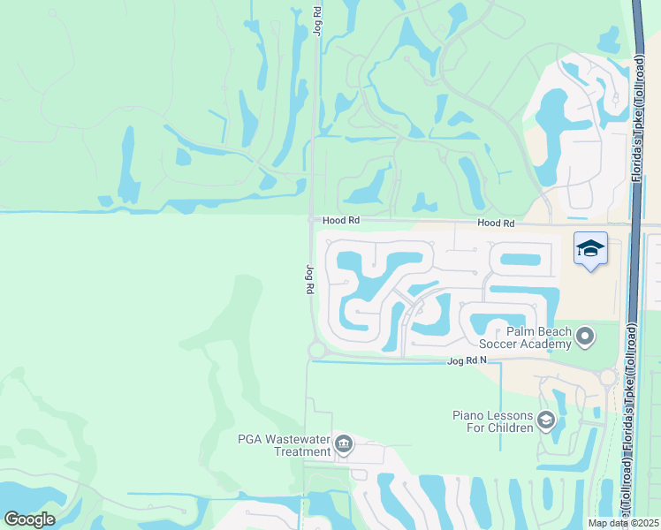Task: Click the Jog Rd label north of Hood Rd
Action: click(317, 20)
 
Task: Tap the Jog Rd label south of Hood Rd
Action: click(309, 279)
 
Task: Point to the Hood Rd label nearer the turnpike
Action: click(496, 224)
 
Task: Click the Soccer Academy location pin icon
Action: click(584, 336)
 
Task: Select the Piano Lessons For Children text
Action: click(493, 421)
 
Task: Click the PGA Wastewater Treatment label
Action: click(285, 444)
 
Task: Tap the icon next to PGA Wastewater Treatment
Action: click(344, 444)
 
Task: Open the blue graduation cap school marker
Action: click(590, 249)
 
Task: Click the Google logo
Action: click(29, 519)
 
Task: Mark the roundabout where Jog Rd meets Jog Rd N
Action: click(316, 351)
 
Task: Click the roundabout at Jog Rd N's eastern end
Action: click(607, 377)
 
